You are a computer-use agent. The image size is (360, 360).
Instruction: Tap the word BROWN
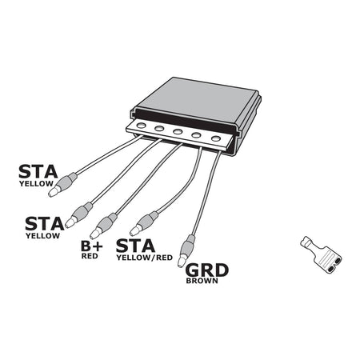[202, 282]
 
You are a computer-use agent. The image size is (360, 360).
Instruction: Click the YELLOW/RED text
[144, 258]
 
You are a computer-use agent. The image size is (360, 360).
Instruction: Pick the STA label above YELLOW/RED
[137, 245]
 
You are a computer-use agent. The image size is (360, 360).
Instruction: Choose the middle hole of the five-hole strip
[177, 131]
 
